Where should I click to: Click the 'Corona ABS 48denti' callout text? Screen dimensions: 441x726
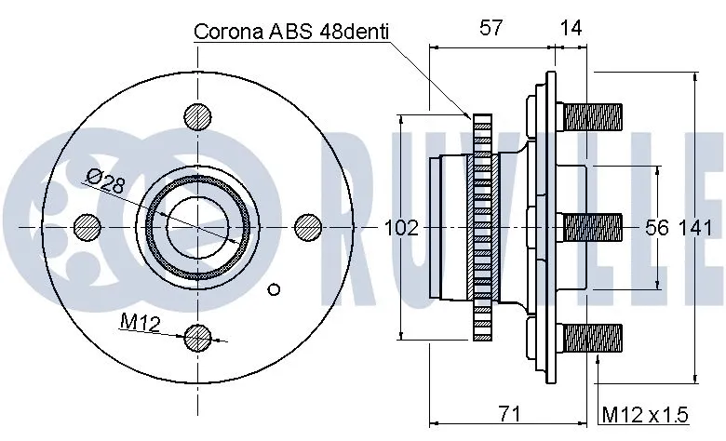tap(290, 31)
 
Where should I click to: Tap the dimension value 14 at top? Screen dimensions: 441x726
tap(571, 28)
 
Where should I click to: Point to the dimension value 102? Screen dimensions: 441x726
tap(401, 227)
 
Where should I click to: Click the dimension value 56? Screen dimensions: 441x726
tap(657, 227)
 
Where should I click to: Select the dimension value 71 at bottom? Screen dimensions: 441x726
tap(507, 411)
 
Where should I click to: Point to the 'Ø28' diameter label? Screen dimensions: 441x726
tap(104, 180)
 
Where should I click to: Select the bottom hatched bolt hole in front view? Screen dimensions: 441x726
tap(197, 338)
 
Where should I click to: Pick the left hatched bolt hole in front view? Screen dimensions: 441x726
tap(86, 226)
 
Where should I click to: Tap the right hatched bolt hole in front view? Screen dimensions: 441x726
tap(308, 226)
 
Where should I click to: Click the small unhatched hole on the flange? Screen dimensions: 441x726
tap(274, 288)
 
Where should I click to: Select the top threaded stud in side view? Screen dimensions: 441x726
tap(593, 117)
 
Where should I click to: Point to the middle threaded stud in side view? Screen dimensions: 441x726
tap(593, 227)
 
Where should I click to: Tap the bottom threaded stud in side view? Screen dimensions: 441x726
tap(593, 336)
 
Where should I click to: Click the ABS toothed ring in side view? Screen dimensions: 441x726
tap(481, 227)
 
